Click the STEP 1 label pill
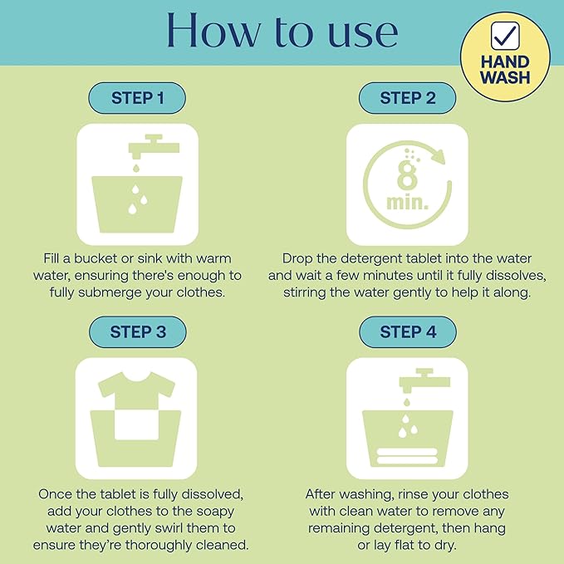[x=137, y=98]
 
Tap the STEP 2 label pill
[x=408, y=98]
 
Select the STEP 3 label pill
[x=138, y=331]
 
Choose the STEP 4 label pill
[x=408, y=331]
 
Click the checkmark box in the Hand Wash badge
[x=505, y=35]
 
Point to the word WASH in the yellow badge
[x=505, y=77]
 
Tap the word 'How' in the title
[x=213, y=30]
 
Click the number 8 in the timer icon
[x=407, y=174]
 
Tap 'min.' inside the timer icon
[x=408, y=202]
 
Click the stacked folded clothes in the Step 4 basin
[x=407, y=456]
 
